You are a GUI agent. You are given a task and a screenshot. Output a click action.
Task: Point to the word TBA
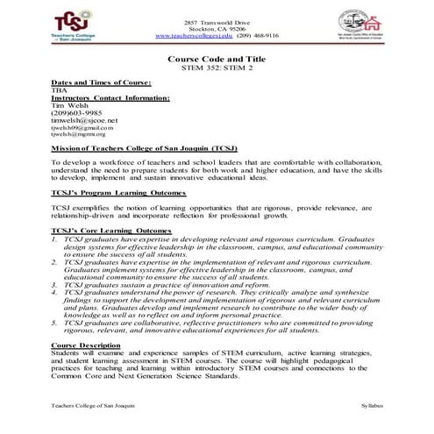click(x=58, y=89)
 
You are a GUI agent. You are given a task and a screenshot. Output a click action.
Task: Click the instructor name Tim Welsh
click(x=68, y=104)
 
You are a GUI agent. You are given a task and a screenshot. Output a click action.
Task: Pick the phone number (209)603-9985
click(x=75, y=112)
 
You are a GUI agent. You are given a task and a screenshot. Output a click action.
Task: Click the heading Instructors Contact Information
click(x=110, y=97)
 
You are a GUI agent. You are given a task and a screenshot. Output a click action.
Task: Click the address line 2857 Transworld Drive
click(x=216, y=20)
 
